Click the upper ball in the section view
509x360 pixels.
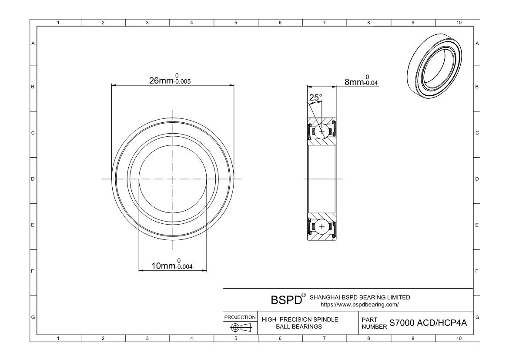point(322,131)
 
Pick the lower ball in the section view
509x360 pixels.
point(322,227)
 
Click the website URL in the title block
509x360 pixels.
point(359,304)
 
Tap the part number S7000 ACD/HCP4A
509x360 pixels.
point(428,323)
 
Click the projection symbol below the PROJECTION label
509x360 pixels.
point(240,327)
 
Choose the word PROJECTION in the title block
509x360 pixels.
point(240,317)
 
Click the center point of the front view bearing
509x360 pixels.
point(173,179)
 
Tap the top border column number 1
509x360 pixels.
point(59,23)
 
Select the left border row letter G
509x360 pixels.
point(33,317)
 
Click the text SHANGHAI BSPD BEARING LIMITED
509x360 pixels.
point(359,297)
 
